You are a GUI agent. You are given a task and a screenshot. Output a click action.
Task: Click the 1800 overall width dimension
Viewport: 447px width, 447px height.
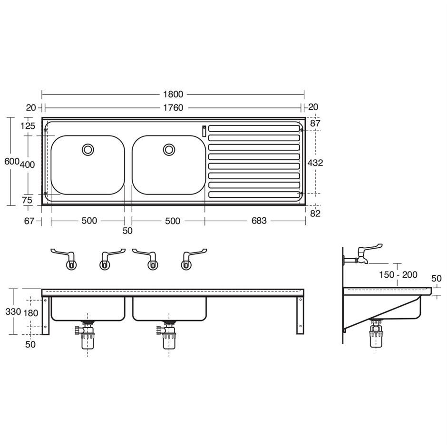pos(173,94)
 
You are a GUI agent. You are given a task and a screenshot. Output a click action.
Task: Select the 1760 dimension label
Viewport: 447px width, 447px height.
pos(173,108)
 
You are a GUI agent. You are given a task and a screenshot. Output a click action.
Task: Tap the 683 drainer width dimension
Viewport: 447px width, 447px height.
pos(259,221)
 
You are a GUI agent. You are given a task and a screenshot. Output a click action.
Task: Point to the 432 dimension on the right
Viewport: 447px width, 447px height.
pos(315,163)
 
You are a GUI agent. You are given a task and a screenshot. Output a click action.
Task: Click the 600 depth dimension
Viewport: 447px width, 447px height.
pos(12,161)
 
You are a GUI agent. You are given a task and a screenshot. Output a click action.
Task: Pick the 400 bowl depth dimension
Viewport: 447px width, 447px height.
pos(28,165)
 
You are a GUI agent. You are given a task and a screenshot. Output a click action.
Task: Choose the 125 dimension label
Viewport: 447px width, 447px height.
pos(28,126)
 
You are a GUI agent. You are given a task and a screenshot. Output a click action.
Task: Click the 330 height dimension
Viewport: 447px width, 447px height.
pos(13,311)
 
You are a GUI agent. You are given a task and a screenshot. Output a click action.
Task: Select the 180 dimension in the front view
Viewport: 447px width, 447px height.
pos(31,313)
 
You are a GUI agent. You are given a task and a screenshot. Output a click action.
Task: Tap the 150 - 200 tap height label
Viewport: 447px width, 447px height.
pos(398,275)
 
